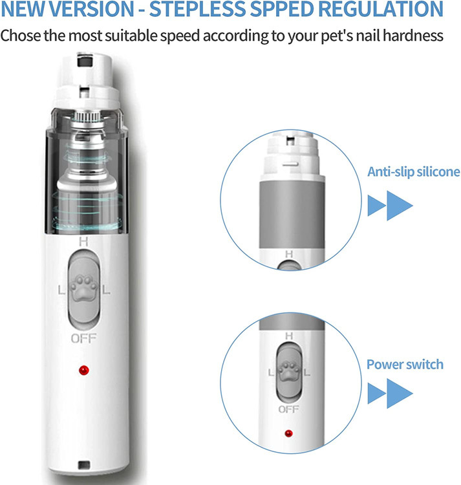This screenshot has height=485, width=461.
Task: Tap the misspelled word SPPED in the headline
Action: [282, 9]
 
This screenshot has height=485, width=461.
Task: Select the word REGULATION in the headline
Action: [381, 9]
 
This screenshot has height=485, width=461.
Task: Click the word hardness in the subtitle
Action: [413, 36]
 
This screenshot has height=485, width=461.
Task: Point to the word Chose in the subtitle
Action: [21, 36]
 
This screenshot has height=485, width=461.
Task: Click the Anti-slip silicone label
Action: [413, 171]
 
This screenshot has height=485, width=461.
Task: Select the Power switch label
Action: [405, 364]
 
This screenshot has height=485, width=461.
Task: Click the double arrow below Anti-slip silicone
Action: [390, 206]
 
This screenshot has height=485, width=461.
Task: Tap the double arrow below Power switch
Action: [390, 393]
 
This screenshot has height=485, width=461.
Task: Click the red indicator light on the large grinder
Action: [84, 370]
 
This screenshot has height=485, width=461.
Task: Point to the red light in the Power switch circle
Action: [288, 433]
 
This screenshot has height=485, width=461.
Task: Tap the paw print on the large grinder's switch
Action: [83, 288]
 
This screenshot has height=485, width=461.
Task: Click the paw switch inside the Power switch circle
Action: [289, 372]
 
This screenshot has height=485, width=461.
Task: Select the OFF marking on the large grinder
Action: [83, 339]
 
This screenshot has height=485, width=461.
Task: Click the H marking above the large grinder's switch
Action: [83, 242]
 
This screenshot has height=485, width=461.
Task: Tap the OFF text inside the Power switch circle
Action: [288, 409]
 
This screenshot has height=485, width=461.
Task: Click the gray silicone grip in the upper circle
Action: [292, 214]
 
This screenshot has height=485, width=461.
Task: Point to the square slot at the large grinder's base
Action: [84, 464]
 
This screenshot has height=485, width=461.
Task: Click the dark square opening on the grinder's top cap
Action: [85, 61]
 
